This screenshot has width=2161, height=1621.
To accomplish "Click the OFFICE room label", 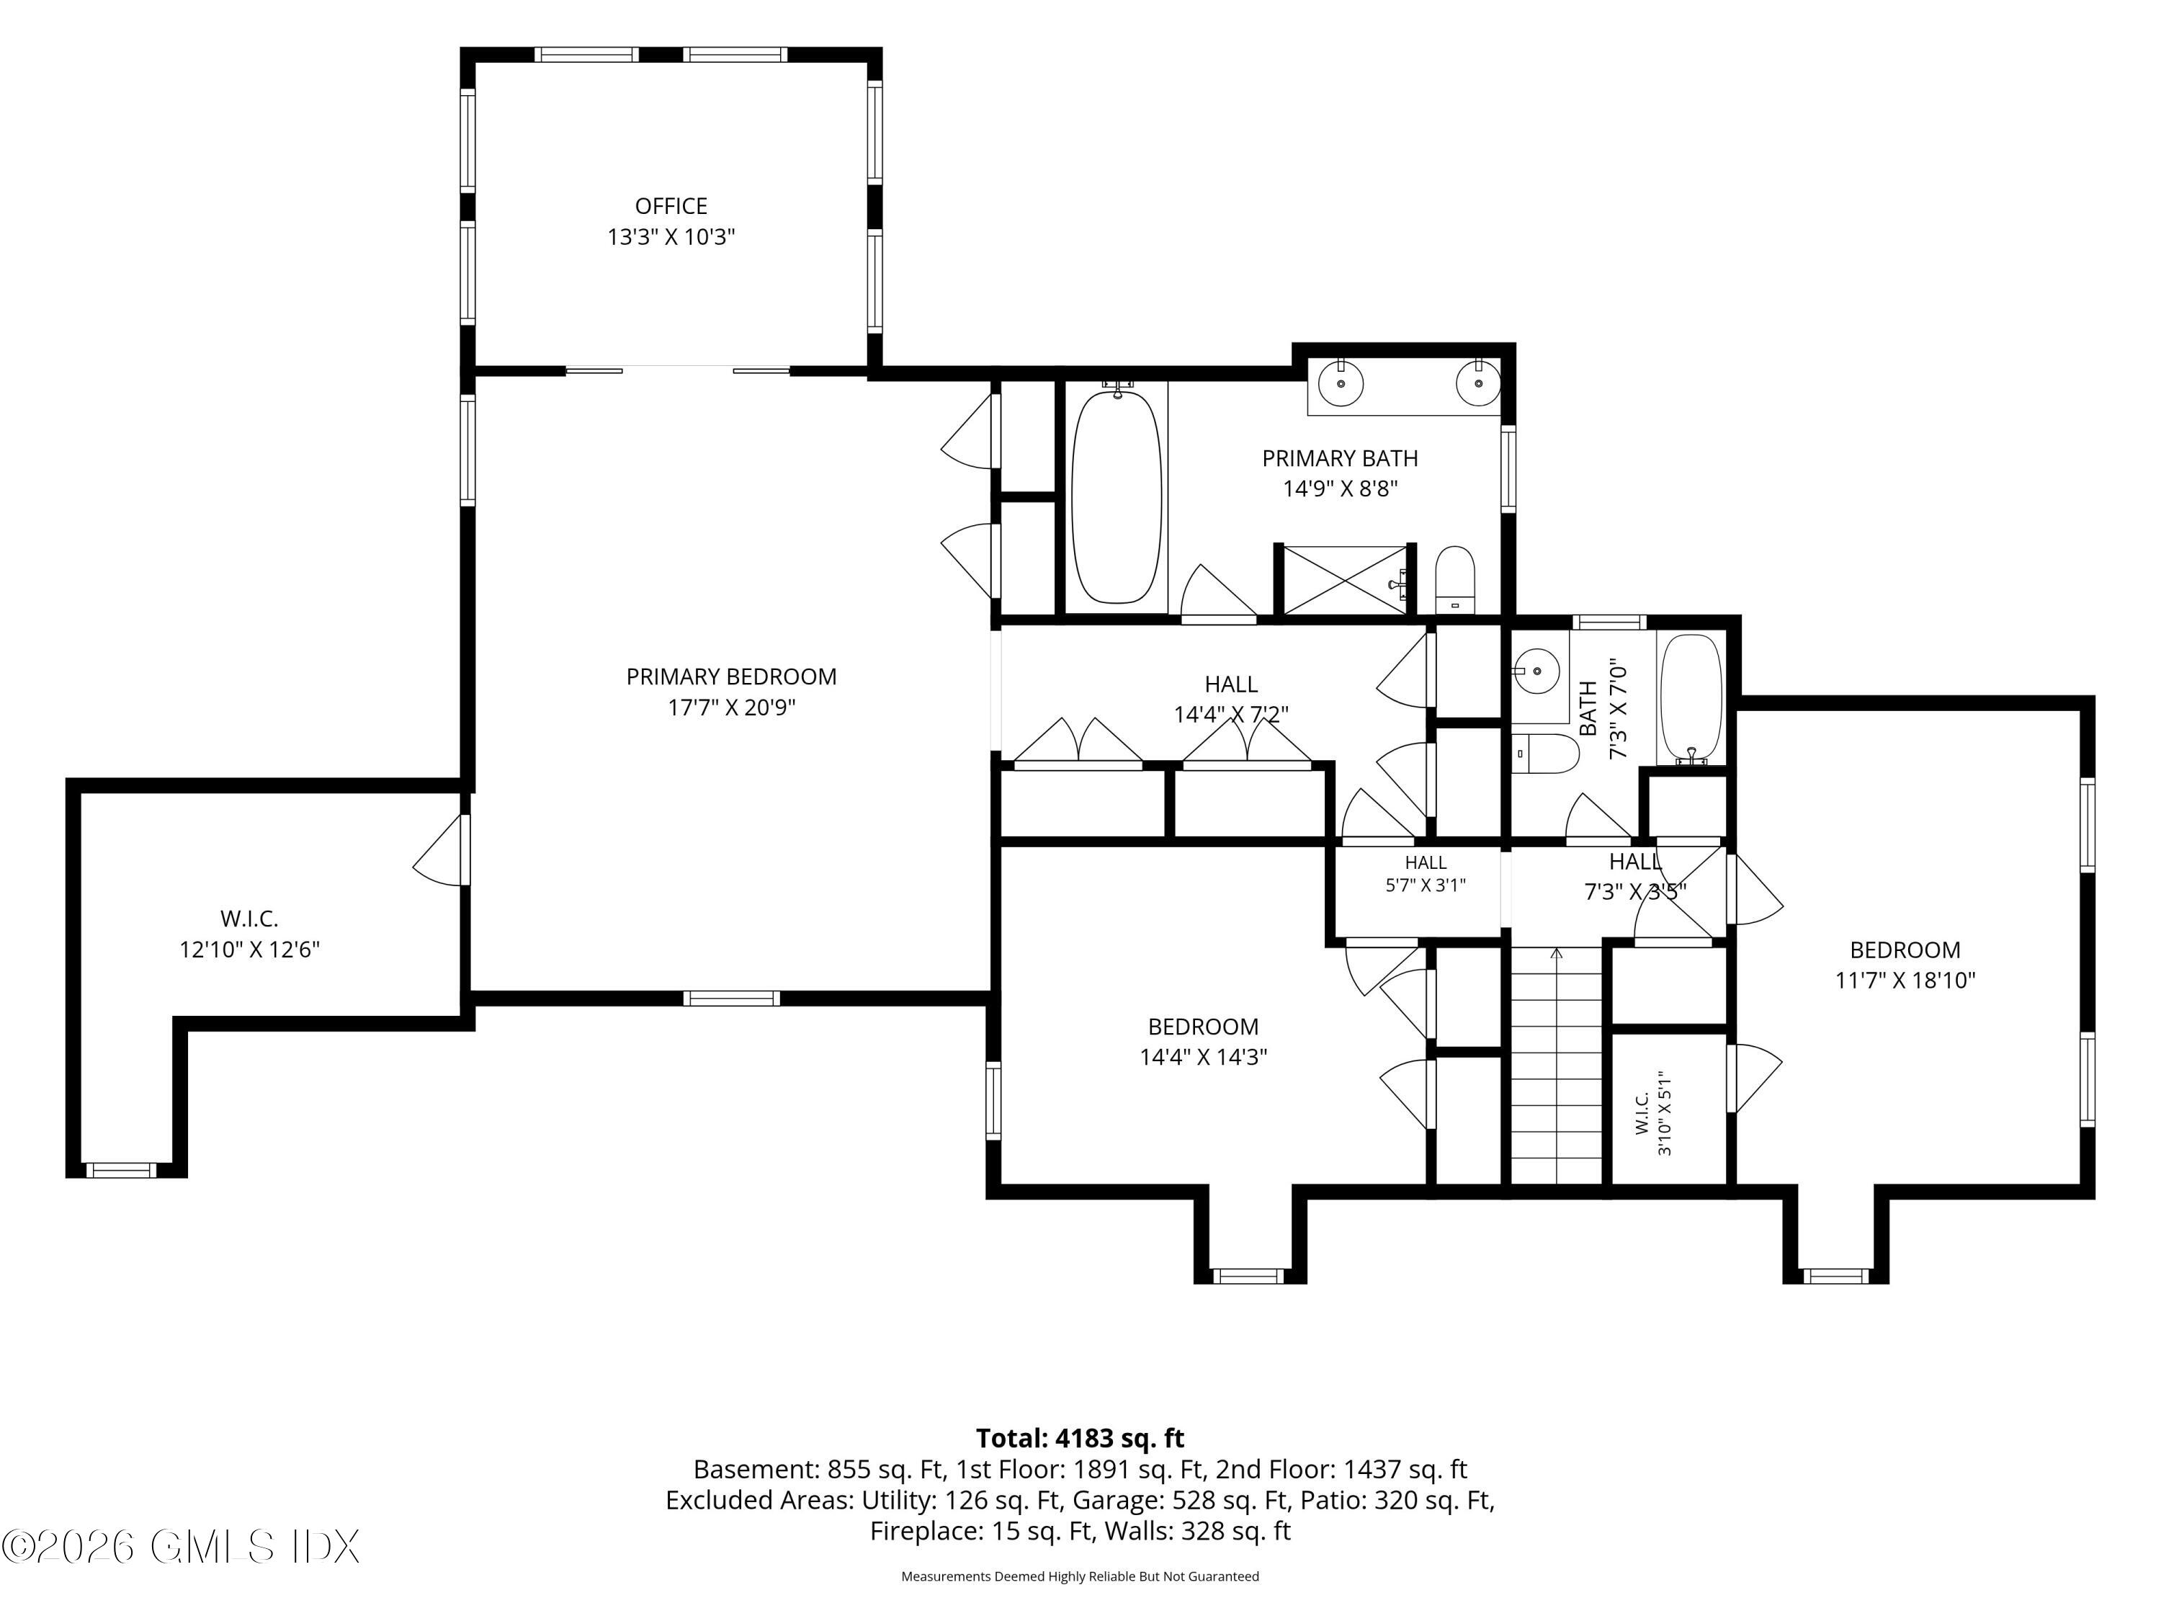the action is (x=671, y=206).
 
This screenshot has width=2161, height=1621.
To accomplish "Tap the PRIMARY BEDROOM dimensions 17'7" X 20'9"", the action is (x=732, y=707).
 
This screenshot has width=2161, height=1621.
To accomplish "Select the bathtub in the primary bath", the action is (x=1118, y=496).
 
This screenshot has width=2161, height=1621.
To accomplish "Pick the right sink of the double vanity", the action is (x=1478, y=384).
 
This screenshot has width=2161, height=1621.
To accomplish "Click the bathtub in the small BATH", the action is (x=1691, y=699).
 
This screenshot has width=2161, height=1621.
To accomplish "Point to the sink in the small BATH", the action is (x=1536, y=671).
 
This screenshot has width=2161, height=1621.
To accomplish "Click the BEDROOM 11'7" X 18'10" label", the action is (x=1905, y=965).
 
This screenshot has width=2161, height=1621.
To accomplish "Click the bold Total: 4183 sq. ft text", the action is (x=1080, y=1438).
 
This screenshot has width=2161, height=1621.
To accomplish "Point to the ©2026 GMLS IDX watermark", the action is (x=181, y=1547).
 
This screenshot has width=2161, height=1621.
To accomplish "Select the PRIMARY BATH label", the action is (x=1341, y=458).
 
